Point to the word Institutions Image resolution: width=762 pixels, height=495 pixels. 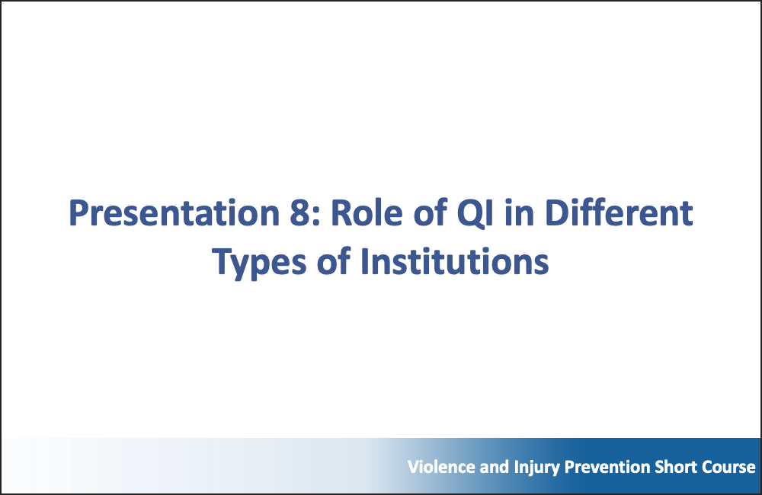(454, 261)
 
